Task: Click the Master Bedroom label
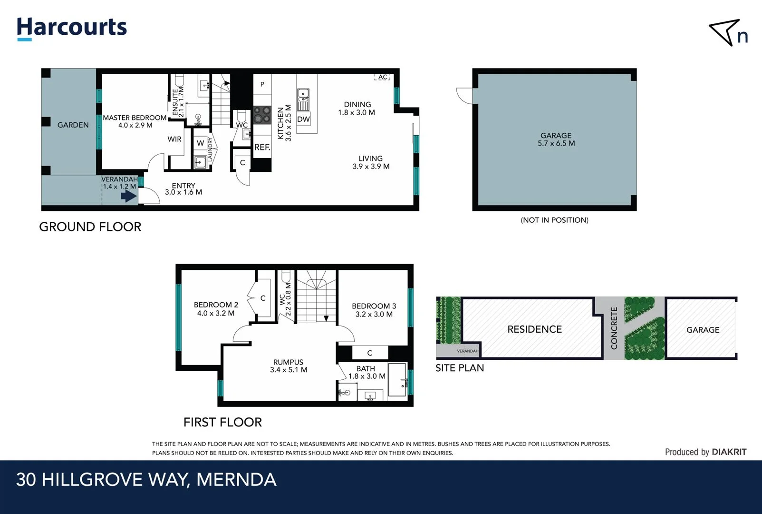point(135,121)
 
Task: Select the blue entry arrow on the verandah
point(129,196)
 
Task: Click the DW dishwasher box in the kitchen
point(303,119)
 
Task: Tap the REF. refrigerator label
point(262,148)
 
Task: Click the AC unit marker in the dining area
point(382,77)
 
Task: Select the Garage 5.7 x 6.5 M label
point(556,139)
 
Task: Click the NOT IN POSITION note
point(554,220)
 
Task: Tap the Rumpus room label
point(289,366)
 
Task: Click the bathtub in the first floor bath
point(397,379)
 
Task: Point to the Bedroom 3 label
point(374,310)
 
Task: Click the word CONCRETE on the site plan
point(614,328)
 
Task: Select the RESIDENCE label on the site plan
point(534,329)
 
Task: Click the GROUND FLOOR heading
point(90,227)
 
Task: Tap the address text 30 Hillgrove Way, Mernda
point(146,480)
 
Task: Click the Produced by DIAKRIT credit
point(705,452)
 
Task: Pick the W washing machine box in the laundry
point(201,143)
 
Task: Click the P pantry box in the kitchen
point(262,84)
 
